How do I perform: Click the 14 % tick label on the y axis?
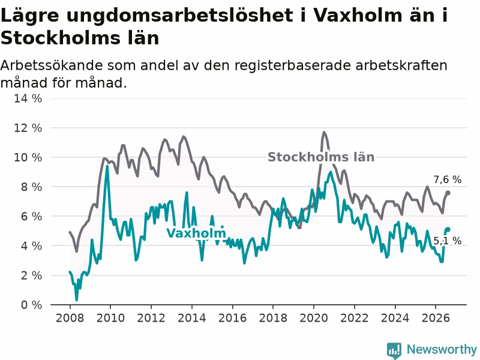[x=28, y=98]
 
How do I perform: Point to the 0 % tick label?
[x=31, y=305]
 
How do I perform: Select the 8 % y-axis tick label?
[x=31, y=187]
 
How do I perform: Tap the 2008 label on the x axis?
[x=70, y=318]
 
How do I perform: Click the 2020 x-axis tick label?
[x=314, y=318]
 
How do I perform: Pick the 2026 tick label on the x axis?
[x=436, y=318]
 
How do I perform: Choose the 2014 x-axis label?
[x=192, y=318]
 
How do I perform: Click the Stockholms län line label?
[x=321, y=157]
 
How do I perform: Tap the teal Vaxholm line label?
[x=196, y=233]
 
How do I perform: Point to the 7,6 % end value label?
[x=447, y=179]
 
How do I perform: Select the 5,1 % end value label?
[x=447, y=241]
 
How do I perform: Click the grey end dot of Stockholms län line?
[x=448, y=193]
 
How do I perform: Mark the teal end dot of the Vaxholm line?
[x=448, y=230]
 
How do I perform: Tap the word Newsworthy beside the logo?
[x=442, y=349]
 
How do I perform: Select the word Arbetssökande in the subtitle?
[x=50, y=65]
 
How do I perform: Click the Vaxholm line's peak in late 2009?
[x=107, y=167]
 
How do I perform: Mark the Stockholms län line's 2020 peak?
[x=324, y=133]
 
